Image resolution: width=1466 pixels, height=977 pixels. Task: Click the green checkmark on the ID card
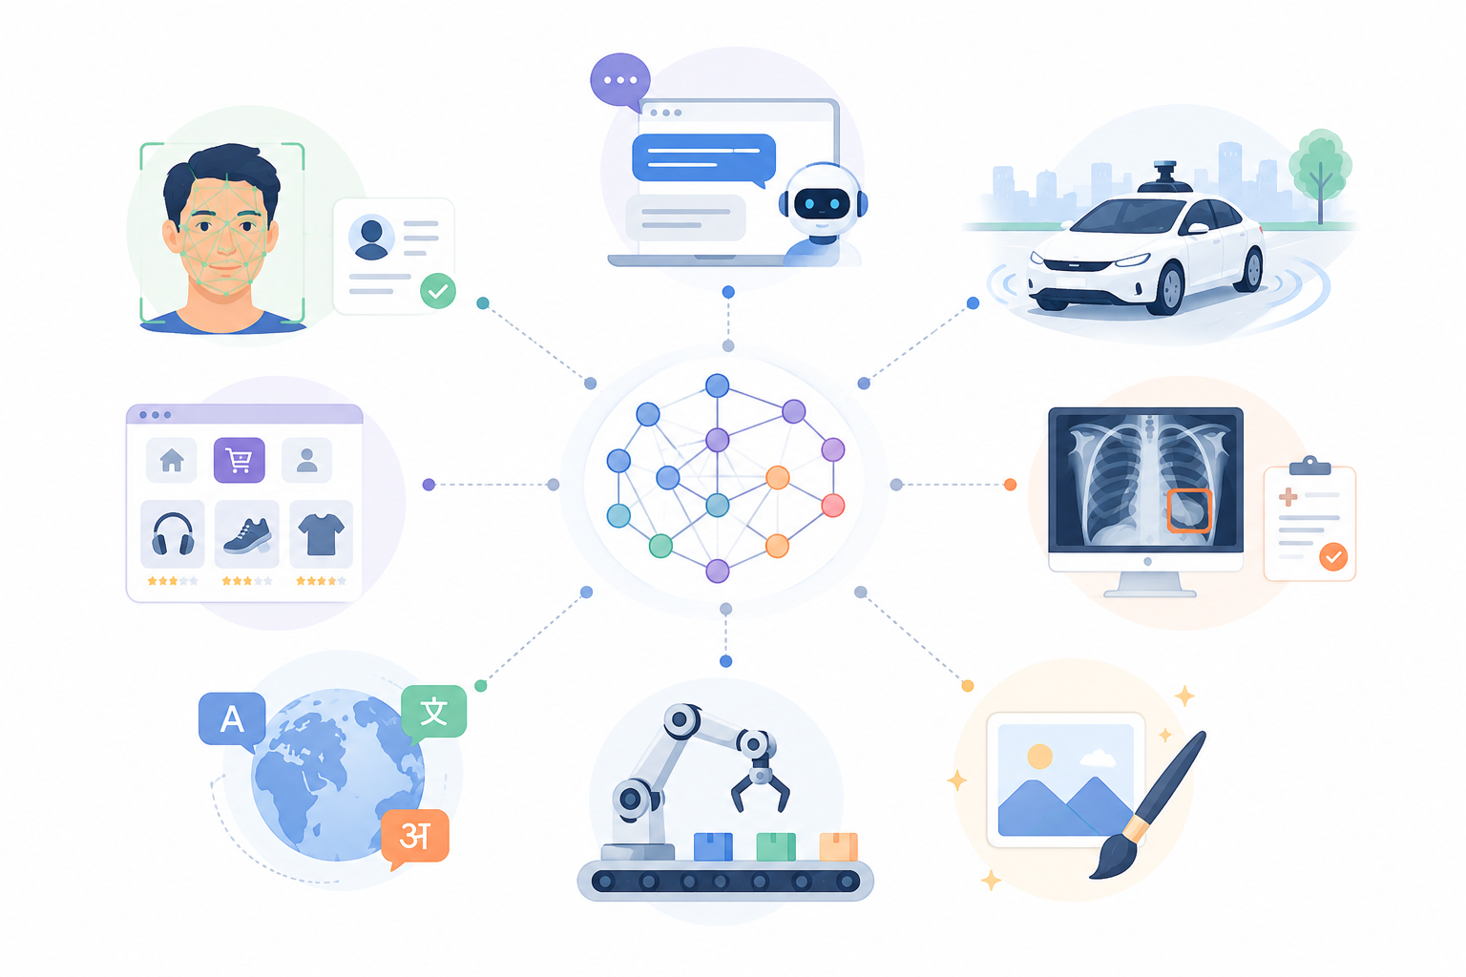(x=438, y=291)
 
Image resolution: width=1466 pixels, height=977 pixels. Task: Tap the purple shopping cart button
(x=239, y=460)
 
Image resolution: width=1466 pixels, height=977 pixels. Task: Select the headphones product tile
(x=173, y=534)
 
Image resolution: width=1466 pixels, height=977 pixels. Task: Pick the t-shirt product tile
(x=321, y=534)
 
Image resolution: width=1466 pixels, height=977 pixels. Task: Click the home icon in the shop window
(x=172, y=460)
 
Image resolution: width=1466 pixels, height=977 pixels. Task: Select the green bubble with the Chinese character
(x=433, y=712)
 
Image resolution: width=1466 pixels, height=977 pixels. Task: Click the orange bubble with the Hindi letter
(x=415, y=838)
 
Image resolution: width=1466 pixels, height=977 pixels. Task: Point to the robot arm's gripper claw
(x=760, y=789)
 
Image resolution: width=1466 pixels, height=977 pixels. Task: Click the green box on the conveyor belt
(x=776, y=846)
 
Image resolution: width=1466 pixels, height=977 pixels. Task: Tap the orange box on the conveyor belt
(x=838, y=846)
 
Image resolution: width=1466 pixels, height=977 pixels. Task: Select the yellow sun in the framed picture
(x=1039, y=757)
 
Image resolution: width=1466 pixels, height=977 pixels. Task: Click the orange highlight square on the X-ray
(x=1189, y=510)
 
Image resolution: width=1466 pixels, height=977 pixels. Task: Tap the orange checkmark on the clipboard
(x=1333, y=557)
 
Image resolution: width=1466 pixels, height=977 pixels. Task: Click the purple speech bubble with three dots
(x=620, y=81)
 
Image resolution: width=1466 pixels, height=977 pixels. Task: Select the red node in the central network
(x=832, y=505)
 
